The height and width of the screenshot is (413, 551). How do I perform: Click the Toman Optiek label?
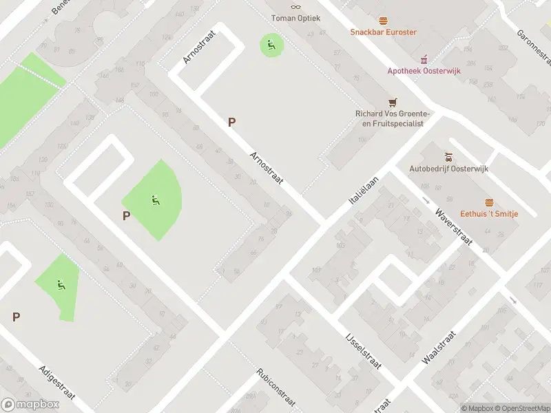pos(295,18)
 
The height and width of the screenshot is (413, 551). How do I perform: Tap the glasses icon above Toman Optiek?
pos(295,6)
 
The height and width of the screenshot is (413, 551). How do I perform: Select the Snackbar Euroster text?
pos(384,32)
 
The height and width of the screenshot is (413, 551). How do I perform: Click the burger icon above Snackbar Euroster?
pos(384,20)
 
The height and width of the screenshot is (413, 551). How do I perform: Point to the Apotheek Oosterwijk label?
pos(424,70)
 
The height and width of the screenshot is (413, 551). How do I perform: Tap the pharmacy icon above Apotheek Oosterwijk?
pos(424,58)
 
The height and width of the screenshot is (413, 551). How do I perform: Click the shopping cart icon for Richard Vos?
pos(393,102)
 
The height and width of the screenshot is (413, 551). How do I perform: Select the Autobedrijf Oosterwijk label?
pos(448,168)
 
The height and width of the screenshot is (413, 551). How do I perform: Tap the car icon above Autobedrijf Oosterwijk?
pos(448,156)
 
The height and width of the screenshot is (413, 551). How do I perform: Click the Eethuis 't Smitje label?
pos(489,213)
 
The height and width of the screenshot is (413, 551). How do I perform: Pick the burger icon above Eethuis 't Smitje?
pos(489,201)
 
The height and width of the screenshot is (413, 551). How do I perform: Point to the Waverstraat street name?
pos(453,225)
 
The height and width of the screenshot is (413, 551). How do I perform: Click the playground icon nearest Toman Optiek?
pos(271,45)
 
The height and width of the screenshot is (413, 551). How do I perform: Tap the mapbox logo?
pos(30,405)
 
